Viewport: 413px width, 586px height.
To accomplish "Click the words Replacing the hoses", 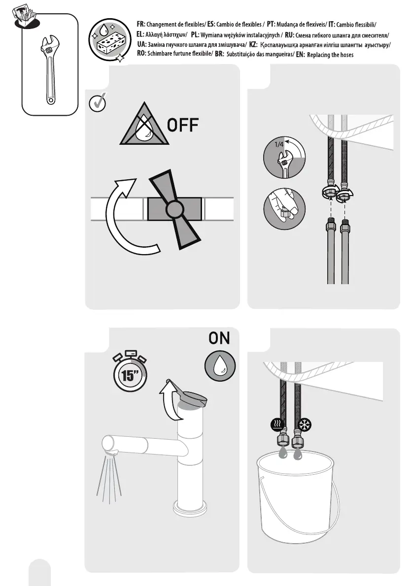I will (x=330, y=55).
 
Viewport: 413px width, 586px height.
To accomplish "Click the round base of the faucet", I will (x=191, y=507).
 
